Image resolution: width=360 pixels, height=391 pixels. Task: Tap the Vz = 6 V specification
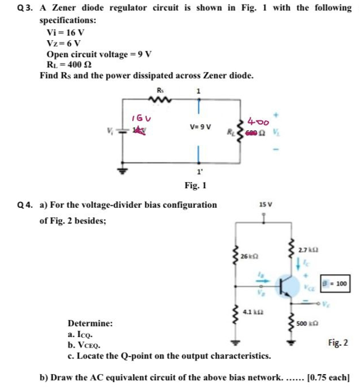63,43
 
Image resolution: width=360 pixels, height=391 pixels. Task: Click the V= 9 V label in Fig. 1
199,126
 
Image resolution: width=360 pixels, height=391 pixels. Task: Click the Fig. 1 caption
196,186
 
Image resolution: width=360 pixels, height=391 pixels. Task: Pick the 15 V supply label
265,205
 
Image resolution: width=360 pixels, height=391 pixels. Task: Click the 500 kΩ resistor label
307,324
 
